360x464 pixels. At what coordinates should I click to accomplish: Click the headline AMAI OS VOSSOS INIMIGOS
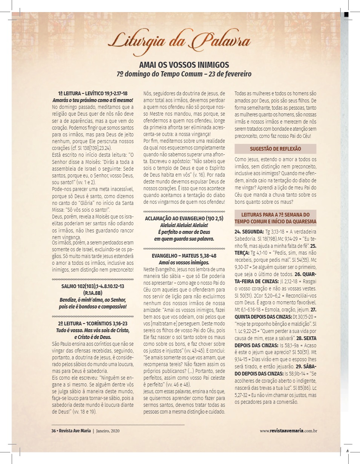click(184, 65)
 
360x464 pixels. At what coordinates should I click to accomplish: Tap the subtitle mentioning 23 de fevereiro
click(184, 74)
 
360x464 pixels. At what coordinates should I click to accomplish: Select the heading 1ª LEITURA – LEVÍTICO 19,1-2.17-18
click(93, 93)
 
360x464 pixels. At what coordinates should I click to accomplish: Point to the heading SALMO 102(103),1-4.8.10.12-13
click(93, 286)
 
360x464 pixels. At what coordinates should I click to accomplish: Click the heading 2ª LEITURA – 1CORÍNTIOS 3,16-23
click(93, 324)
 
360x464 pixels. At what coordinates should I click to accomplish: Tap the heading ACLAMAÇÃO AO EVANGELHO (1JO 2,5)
click(184, 218)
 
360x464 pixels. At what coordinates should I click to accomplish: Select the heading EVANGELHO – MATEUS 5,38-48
click(184, 255)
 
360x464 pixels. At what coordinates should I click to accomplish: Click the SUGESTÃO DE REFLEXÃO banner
click(275, 149)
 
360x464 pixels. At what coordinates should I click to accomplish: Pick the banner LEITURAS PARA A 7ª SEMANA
click(275, 218)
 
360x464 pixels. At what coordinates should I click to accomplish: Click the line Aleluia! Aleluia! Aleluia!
click(184, 225)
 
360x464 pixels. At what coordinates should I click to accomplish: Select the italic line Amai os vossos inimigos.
click(184, 262)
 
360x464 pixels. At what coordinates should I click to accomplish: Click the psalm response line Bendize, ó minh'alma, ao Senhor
click(93, 300)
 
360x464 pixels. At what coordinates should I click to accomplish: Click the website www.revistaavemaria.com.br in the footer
click(288, 431)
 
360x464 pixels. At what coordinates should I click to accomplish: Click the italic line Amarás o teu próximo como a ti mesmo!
click(93, 100)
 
